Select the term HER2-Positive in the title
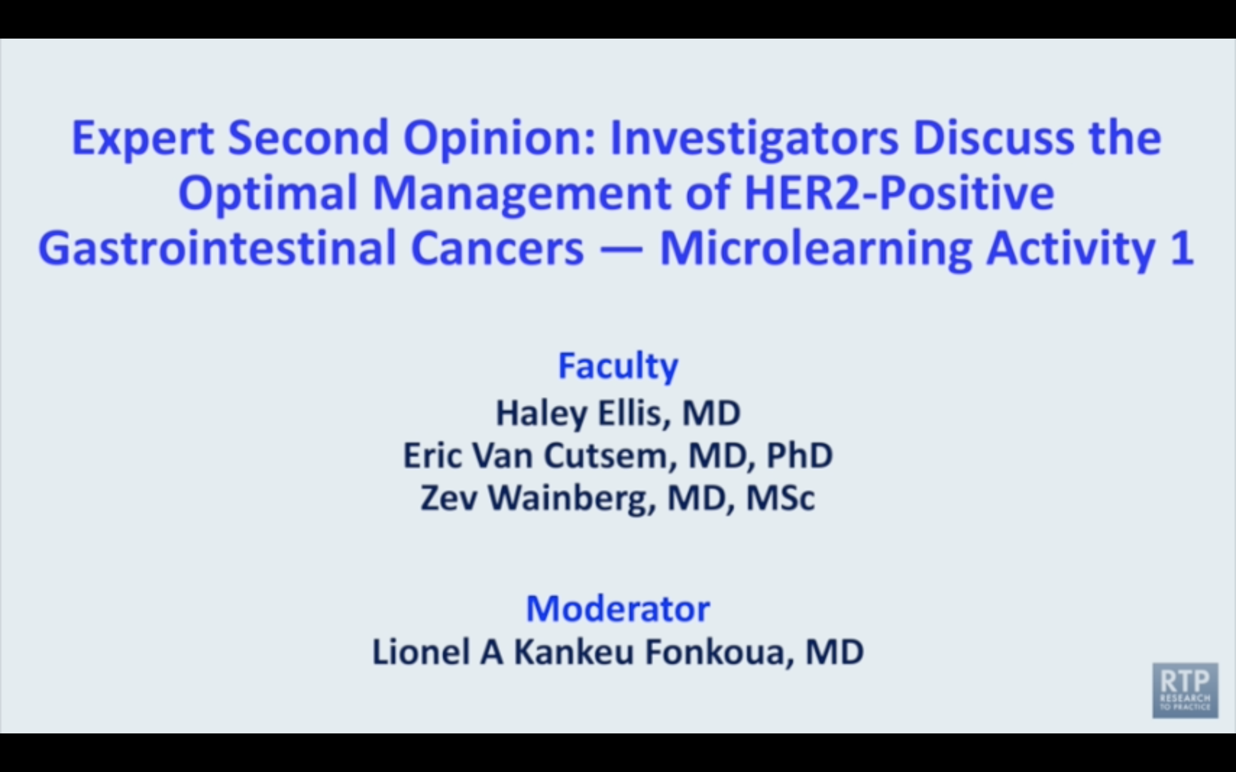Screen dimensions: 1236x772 [900, 194]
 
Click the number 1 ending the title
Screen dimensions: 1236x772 [1182, 248]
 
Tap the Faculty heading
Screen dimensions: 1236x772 [618, 367]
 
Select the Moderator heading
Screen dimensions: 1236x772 [618, 609]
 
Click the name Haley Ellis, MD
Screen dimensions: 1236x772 [618, 413]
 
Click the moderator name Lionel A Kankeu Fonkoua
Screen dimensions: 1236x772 [578, 652]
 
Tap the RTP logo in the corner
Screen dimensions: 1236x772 [1185, 691]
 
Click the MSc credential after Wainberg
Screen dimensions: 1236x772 [780, 498]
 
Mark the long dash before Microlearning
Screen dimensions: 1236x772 [621, 249]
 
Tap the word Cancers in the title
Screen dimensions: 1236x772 [497, 248]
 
